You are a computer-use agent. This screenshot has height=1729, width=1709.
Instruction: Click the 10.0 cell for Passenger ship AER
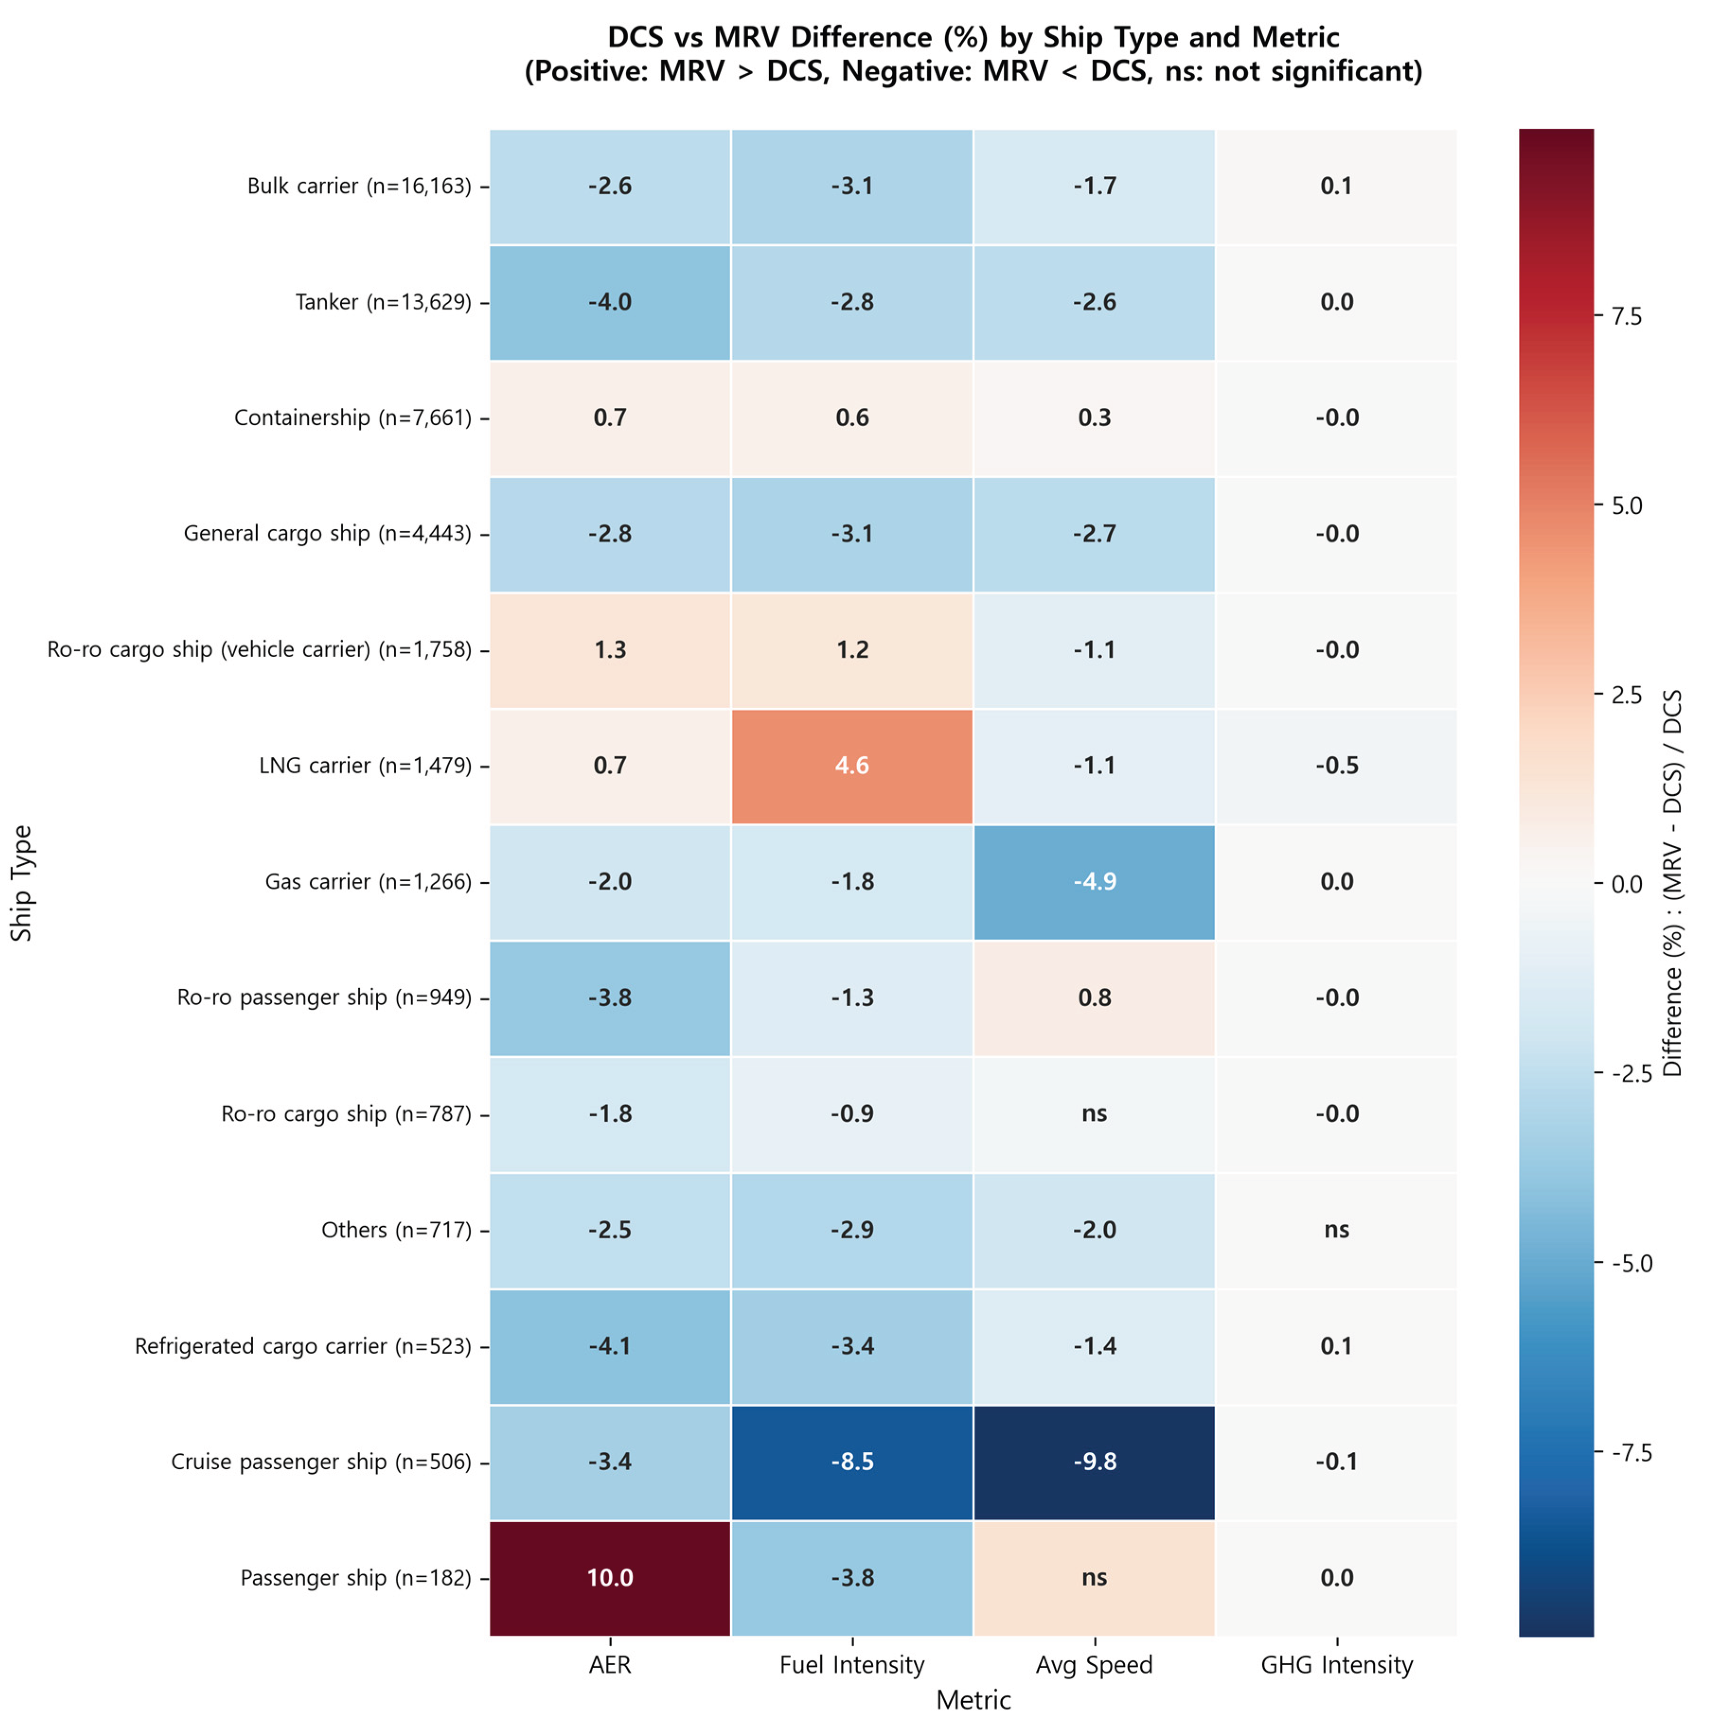pos(610,1577)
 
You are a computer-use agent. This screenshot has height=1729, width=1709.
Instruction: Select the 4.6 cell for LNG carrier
pos(851,765)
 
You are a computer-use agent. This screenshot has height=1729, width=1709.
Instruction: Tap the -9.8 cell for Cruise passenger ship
pos(1094,1461)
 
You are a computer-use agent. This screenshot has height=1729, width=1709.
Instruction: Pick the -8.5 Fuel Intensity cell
pos(851,1461)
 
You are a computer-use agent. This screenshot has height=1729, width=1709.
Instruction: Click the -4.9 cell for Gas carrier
pos(1094,881)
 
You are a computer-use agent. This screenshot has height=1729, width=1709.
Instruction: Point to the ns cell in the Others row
pos(1336,1229)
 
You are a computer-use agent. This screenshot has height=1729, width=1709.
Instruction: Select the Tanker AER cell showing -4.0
pos(610,302)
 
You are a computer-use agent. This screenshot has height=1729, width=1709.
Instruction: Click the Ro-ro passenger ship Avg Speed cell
pos(1094,997)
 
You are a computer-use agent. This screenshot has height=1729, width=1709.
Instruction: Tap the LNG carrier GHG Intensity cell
pos(1336,765)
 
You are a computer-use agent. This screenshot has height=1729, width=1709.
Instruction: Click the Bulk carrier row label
pos(358,186)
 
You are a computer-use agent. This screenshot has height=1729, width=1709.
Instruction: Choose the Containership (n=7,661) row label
pos(352,418)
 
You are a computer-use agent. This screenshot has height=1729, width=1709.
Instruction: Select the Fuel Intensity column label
pos(851,1665)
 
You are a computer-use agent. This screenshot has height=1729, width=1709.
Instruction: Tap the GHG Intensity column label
pos(1336,1665)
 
